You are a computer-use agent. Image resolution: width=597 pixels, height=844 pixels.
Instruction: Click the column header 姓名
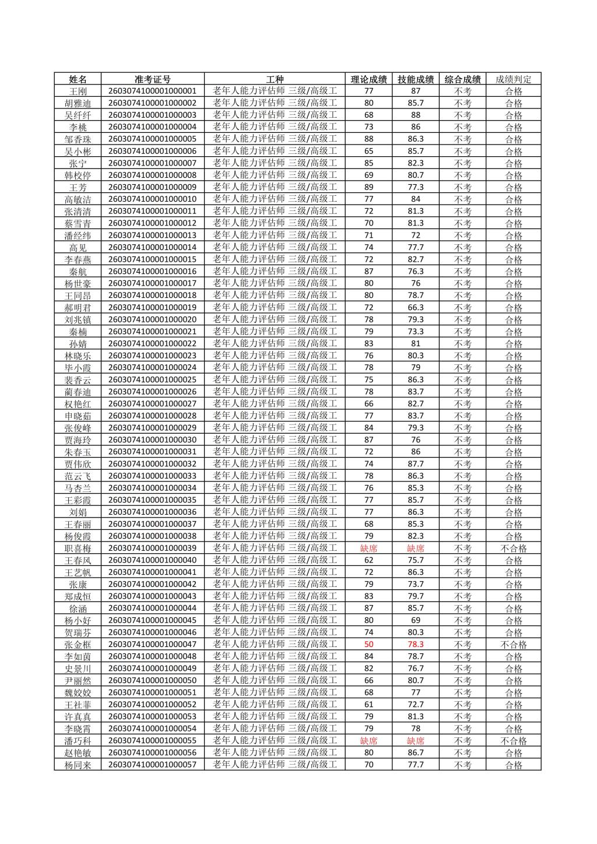pyautogui.click(x=78, y=79)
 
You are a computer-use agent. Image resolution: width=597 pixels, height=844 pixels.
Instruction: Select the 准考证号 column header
pyautogui.click(x=153, y=79)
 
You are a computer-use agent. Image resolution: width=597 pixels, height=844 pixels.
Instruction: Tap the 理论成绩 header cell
pyautogui.click(x=368, y=79)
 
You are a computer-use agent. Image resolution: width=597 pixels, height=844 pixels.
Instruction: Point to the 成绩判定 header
pyautogui.click(x=514, y=79)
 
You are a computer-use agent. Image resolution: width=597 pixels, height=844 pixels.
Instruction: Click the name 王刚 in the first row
pyautogui.click(x=78, y=92)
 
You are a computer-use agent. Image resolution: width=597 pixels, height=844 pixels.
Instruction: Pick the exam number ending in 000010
pyautogui.click(x=153, y=199)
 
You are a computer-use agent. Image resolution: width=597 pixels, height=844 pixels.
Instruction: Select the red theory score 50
pyautogui.click(x=368, y=645)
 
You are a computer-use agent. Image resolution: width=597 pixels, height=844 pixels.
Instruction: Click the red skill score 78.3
pyautogui.click(x=416, y=645)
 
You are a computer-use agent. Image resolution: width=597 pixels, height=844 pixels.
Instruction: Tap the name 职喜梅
pyautogui.click(x=78, y=548)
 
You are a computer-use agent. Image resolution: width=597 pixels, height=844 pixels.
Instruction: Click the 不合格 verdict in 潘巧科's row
pyautogui.click(x=514, y=741)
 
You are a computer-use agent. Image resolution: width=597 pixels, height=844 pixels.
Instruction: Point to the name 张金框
pyautogui.click(x=78, y=645)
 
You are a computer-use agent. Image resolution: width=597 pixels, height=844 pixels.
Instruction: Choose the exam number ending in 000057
pyautogui.click(x=153, y=765)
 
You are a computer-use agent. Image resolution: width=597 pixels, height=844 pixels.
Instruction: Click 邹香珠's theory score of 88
pyautogui.click(x=368, y=139)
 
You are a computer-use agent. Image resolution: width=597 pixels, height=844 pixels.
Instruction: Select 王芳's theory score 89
pyautogui.click(x=368, y=187)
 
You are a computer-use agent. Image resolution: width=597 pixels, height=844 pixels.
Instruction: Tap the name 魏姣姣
pyautogui.click(x=78, y=692)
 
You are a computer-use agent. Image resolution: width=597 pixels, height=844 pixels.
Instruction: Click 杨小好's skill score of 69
pyautogui.click(x=416, y=620)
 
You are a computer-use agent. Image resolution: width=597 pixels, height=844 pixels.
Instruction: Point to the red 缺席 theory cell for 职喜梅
pyautogui.click(x=368, y=548)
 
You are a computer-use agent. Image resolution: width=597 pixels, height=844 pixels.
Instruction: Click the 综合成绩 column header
pyautogui.click(x=463, y=79)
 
